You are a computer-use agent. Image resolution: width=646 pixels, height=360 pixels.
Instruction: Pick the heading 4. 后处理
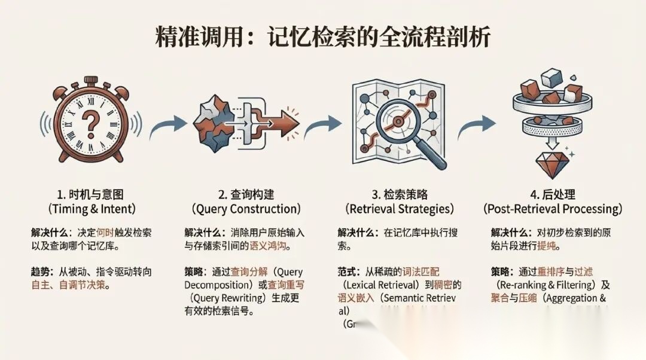pyautogui.click(x=552, y=195)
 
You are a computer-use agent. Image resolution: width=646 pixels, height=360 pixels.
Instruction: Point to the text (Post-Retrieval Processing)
pyautogui.click(x=552, y=209)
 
